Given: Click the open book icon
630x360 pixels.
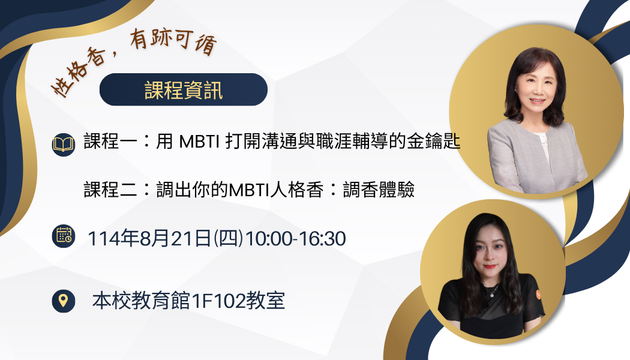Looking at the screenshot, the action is point(64,144).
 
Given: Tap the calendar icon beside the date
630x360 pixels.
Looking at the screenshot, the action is point(64,236).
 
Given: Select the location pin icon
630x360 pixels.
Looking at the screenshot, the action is point(64,301).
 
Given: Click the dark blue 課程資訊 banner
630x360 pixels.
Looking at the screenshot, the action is point(184,89).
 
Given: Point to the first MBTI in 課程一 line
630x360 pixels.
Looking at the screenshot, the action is point(199,142).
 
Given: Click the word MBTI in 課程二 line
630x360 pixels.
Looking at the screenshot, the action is point(249,190).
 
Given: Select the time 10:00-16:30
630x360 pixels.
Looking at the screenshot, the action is point(296,238).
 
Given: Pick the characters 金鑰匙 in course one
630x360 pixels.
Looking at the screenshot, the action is point(433,142).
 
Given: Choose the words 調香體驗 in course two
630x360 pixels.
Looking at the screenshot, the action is point(379,190).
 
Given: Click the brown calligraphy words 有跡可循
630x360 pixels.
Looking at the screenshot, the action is point(173,41).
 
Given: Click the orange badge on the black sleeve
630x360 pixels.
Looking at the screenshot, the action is point(538,295).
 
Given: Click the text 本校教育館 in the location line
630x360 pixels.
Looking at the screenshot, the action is point(142,301).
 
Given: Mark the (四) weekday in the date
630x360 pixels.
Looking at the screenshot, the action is point(228,238).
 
